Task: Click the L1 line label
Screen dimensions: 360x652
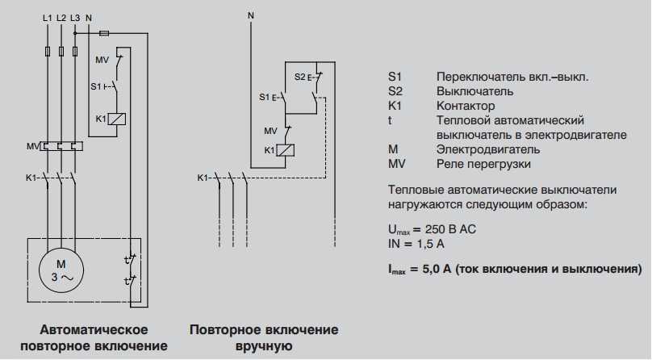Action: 48,16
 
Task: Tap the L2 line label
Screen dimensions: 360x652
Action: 61,16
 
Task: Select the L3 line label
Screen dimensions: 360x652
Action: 75,16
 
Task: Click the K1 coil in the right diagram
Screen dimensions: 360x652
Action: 286,150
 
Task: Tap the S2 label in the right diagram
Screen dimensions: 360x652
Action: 299,77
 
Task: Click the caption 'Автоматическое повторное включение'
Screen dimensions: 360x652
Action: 94,338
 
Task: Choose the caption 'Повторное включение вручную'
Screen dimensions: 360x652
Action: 264,338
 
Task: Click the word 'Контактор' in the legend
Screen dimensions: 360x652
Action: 466,106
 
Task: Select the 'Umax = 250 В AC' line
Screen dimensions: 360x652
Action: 432,229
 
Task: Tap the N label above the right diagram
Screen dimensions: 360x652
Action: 251,16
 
